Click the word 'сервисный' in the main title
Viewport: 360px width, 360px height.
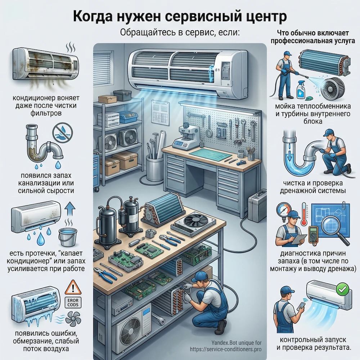point(196,17)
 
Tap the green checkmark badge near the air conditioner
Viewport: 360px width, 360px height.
point(340,289)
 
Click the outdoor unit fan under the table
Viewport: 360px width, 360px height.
point(130,330)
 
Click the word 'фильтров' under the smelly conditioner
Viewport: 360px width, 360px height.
point(43,113)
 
